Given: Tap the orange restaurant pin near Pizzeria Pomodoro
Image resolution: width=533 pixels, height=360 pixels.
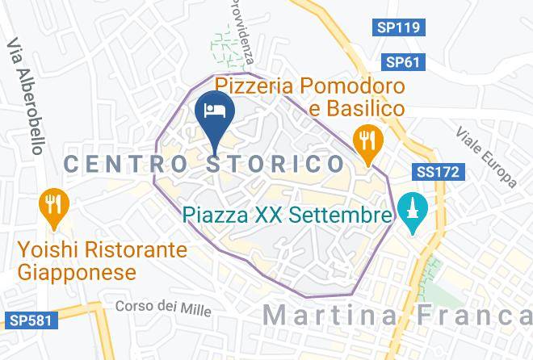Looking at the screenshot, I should [369, 140].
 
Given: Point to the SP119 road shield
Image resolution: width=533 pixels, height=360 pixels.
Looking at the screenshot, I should [399, 27].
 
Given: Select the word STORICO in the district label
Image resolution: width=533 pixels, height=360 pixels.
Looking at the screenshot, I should [271, 164].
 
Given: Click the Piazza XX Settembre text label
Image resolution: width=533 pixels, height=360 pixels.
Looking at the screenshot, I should [287, 216].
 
